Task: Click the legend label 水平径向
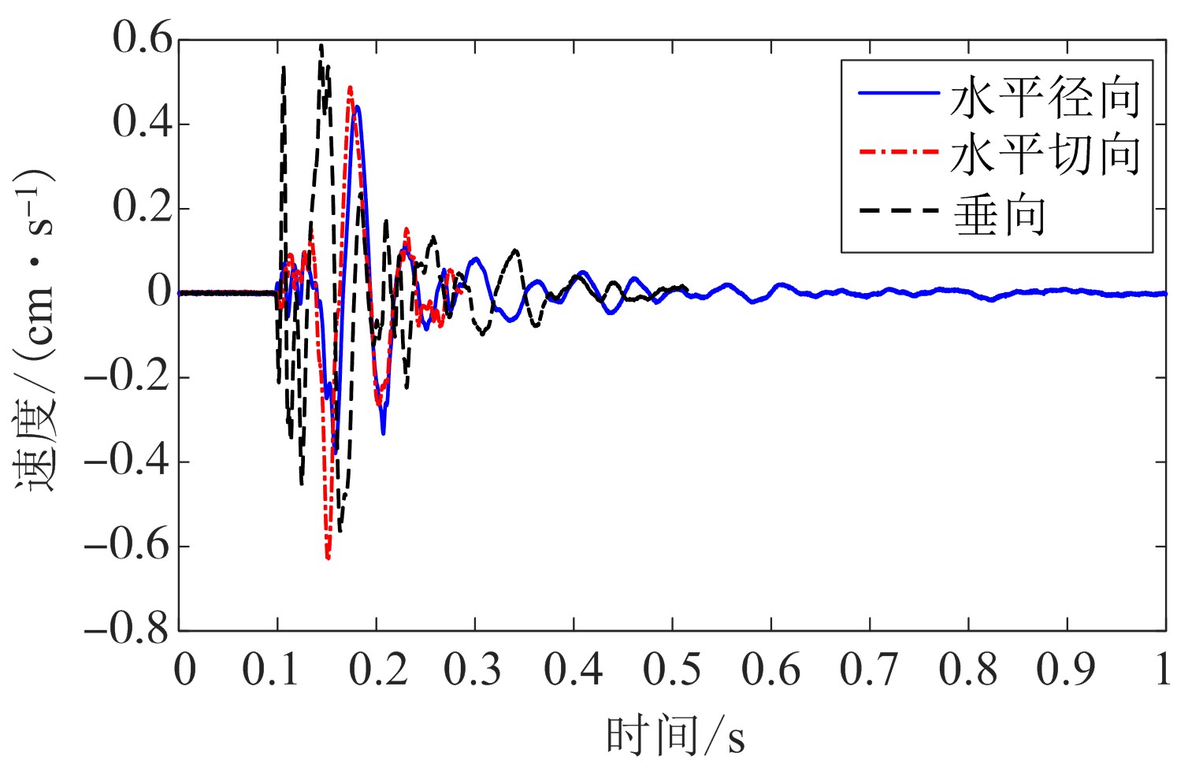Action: pyautogui.click(x=1045, y=98)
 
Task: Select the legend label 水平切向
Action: pyautogui.click(x=1045, y=154)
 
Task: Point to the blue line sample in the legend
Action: pyautogui.click(x=898, y=93)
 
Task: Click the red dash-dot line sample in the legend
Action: pyautogui.click(x=898, y=150)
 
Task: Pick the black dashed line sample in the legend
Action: pyautogui.click(x=898, y=210)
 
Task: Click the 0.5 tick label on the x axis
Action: pyautogui.click(x=672, y=670)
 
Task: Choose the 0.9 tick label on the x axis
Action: pyautogui.click(x=1066, y=670)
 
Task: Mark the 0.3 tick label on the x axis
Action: pyautogui.click(x=473, y=670)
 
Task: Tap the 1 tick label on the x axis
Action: pyautogui.click(x=1163, y=670)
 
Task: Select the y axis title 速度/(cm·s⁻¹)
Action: pyautogui.click(x=35, y=331)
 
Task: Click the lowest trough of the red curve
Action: pyautogui.click(x=328, y=558)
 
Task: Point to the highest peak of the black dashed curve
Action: pyautogui.click(x=321, y=46)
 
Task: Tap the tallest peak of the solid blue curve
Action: pyautogui.click(x=358, y=106)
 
